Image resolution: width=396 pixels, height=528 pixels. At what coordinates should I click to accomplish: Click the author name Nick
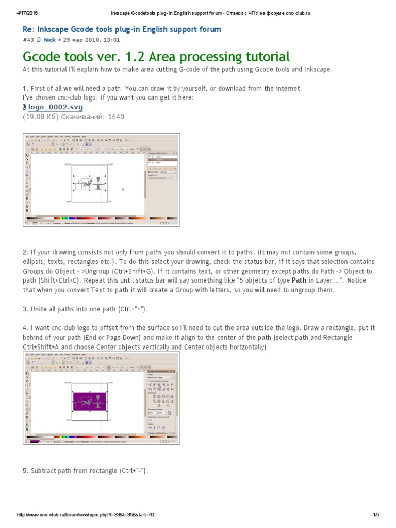[x=49, y=39]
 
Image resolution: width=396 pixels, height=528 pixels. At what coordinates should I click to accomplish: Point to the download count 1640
[x=116, y=117]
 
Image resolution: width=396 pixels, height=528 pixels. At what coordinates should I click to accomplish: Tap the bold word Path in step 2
[x=299, y=280]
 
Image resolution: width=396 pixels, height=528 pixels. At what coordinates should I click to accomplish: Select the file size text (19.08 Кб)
[x=40, y=117]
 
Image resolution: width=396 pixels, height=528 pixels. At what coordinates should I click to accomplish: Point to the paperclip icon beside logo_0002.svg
[x=24, y=107]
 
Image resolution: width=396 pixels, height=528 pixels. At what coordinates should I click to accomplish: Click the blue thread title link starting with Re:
[x=122, y=29]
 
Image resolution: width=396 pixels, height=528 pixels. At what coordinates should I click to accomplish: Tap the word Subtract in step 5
[x=45, y=471]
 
